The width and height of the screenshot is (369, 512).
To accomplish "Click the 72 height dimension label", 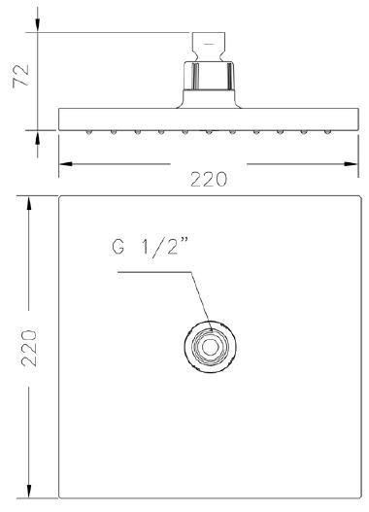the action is point(20,76).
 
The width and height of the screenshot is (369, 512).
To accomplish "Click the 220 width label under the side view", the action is point(209,179).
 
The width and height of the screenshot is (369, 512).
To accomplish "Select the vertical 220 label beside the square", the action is point(29,348).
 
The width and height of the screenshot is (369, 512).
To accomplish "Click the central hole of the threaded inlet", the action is point(210,347).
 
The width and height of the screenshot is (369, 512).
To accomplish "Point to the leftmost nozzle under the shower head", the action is point(89,132).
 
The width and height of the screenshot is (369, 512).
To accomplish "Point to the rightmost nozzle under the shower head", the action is point(327,132).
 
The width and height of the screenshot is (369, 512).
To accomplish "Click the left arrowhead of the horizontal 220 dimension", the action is point(66,163).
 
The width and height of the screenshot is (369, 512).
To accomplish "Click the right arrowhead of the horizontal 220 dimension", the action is point(352,163).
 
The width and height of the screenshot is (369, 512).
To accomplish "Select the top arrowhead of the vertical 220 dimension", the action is point(29,203).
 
